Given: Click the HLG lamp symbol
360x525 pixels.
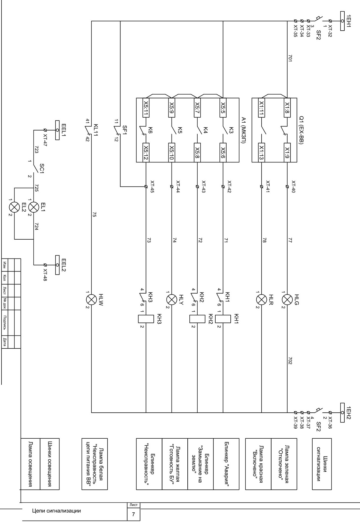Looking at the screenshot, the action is [287, 300].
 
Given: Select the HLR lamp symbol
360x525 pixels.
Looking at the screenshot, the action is [261, 300].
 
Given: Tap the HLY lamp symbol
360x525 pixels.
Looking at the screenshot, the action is [171, 300].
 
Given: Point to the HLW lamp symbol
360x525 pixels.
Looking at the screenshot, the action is [91, 300].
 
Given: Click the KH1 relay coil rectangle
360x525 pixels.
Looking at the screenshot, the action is [223, 319].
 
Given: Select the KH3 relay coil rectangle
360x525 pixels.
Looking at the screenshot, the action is [146, 319].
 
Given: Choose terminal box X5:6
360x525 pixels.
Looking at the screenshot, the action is [223, 152].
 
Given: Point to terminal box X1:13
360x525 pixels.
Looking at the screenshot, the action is [261, 152].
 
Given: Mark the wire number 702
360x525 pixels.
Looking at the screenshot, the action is [290, 361].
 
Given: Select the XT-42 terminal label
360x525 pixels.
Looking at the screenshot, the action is [229, 187].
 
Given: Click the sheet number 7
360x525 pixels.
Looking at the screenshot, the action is [133, 514].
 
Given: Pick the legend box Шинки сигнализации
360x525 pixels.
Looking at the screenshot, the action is [322, 464].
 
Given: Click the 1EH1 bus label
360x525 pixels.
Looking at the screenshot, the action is [349, 21].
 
